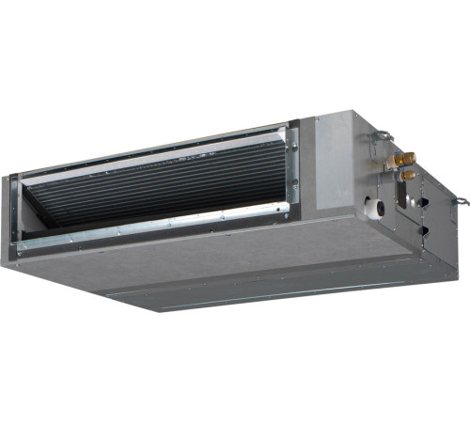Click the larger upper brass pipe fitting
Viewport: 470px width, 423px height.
click(x=405, y=160)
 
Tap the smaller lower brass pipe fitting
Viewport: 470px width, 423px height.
click(x=408, y=175)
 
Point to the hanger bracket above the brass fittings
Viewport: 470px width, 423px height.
click(x=381, y=137)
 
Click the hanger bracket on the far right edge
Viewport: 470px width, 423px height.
click(x=461, y=199)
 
